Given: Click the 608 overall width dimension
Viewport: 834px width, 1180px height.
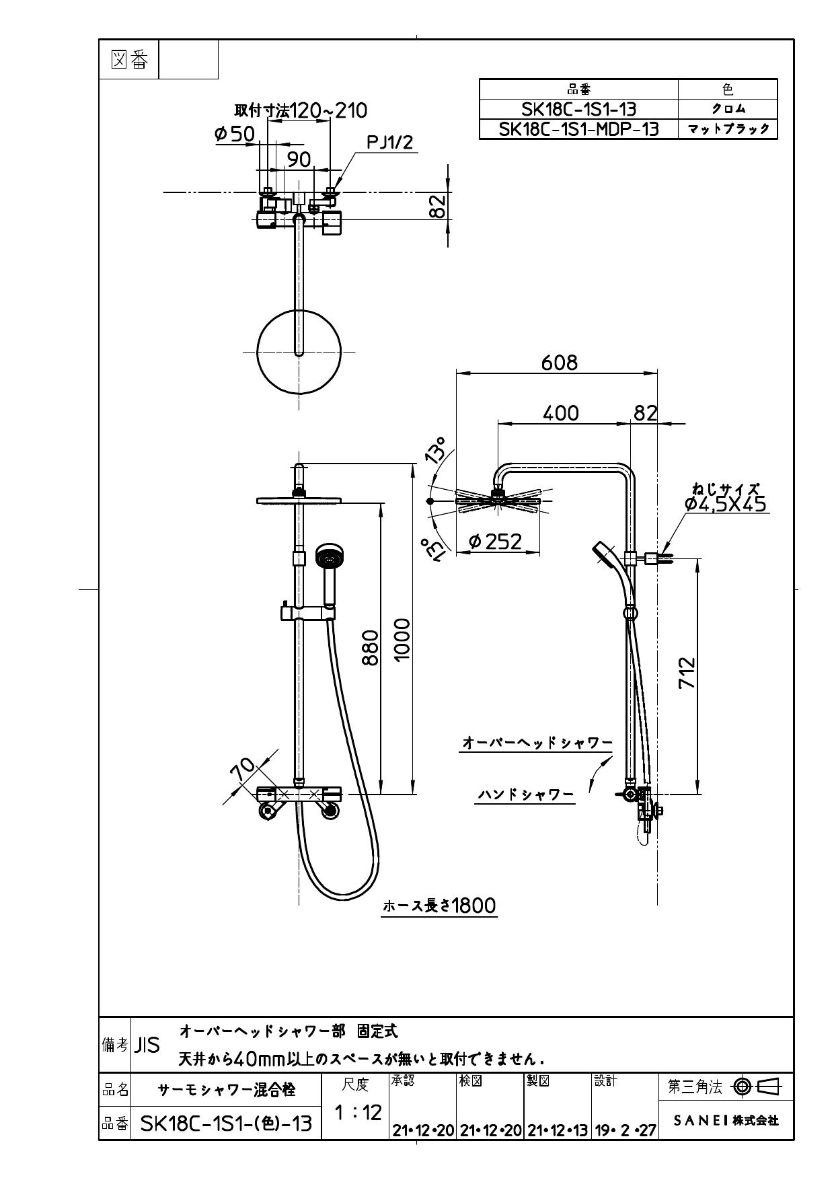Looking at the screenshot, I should point(559,363).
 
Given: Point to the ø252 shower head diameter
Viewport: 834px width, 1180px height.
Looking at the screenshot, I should point(496,542).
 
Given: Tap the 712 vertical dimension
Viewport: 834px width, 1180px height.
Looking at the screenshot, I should point(686,673).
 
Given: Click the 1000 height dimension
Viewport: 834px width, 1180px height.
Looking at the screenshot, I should point(402,640).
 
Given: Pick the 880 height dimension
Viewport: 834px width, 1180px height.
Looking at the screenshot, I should point(370,647).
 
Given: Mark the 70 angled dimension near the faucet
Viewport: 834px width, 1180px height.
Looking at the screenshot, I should point(243,769).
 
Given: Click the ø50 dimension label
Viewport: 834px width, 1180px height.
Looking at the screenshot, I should point(235,134).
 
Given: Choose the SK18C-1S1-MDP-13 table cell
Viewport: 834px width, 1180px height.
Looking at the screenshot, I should point(578,129).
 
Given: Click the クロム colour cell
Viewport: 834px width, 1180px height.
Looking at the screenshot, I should point(728,109).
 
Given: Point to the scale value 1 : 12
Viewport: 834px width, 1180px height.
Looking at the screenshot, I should point(357,1112).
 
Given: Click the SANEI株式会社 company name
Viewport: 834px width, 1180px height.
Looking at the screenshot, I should point(726,1120).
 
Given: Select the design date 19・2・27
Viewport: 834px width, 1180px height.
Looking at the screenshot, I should point(625,1132).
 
